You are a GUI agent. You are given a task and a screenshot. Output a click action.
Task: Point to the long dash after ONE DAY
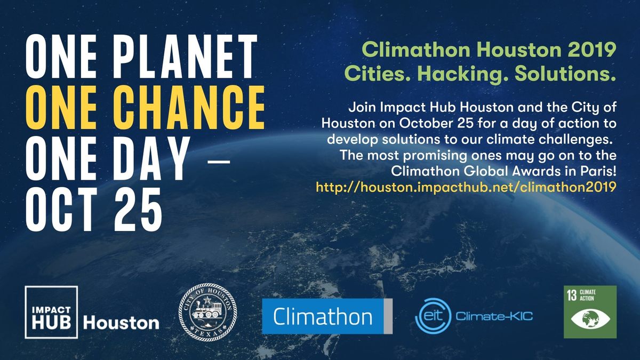tap(217, 160)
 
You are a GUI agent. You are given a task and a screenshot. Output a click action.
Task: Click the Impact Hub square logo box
tap(51, 313)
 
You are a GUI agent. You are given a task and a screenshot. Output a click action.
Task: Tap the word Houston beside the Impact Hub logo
tap(121, 322)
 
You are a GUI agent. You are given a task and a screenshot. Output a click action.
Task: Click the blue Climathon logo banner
tap(327, 316)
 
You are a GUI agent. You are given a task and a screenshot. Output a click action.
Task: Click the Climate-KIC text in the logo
tap(494, 317)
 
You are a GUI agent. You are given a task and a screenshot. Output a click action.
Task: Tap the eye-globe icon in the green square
tap(590, 320)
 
